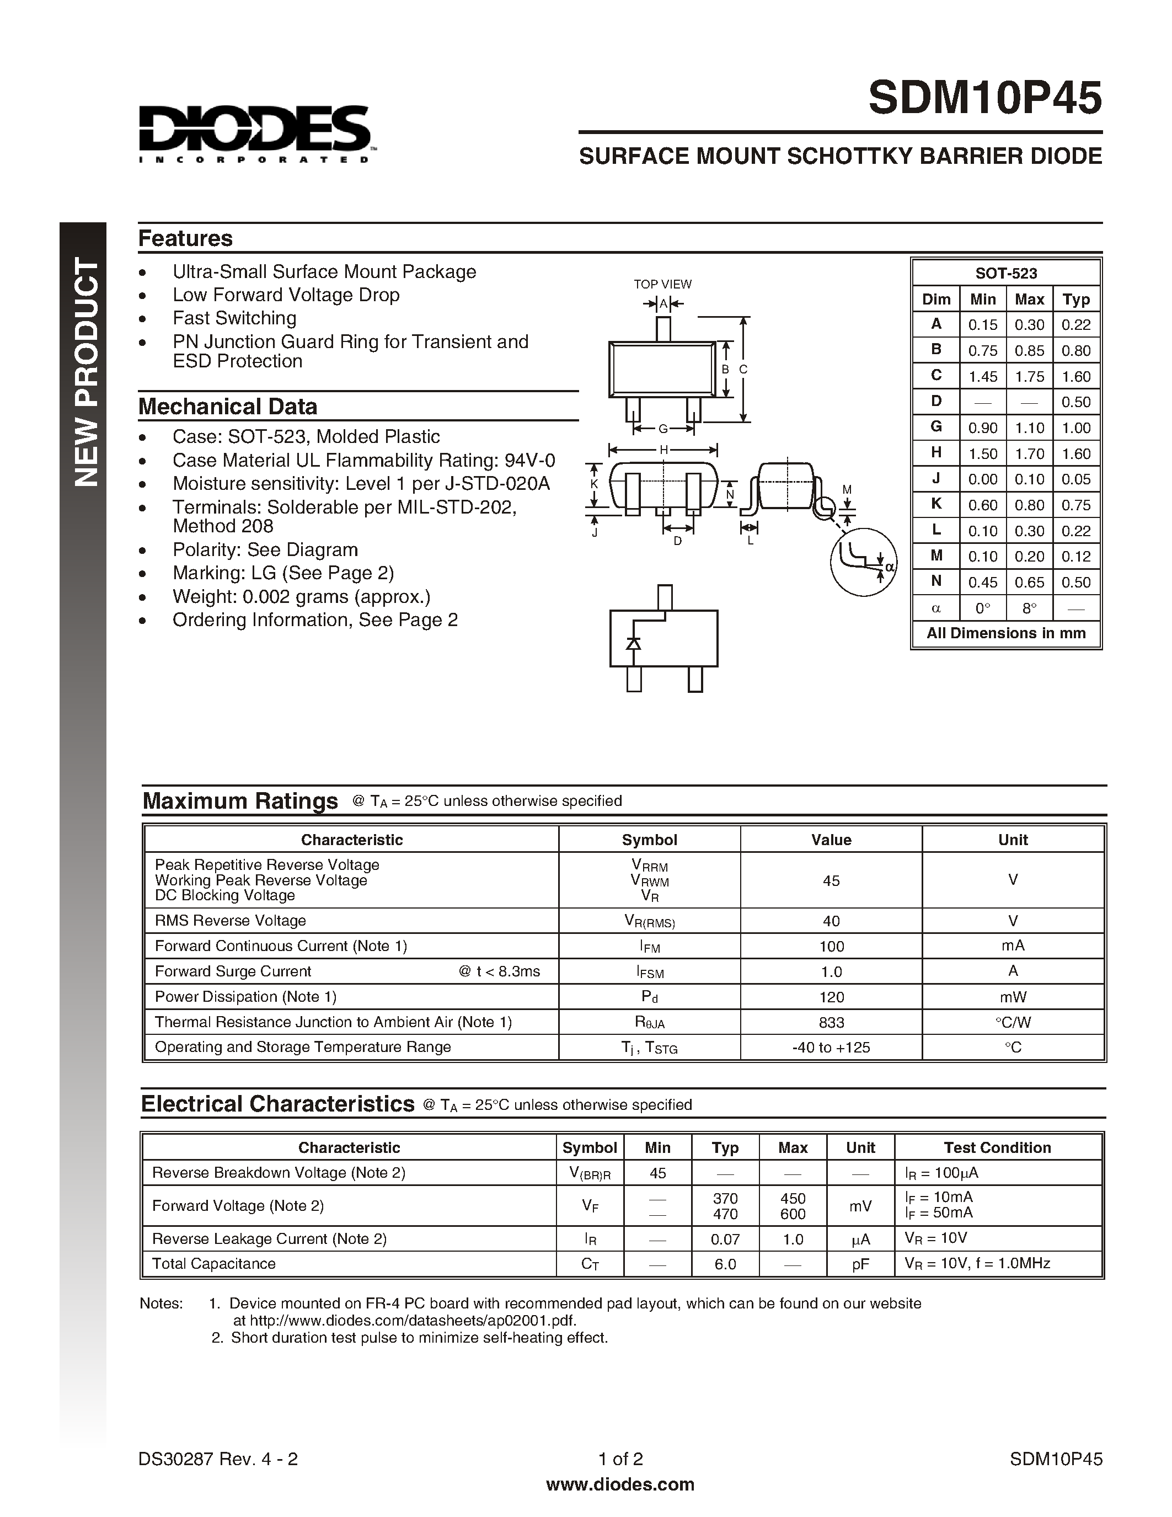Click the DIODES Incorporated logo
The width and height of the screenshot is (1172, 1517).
coord(254,134)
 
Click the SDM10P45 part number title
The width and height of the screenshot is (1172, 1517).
coord(984,98)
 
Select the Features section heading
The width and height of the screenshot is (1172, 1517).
coord(185,238)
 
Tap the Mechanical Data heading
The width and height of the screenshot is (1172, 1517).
coord(228,407)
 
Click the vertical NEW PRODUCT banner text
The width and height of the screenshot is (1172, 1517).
coord(86,372)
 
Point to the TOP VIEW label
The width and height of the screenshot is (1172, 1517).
coord(662,284)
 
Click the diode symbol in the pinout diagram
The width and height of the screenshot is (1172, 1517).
coord(633,643)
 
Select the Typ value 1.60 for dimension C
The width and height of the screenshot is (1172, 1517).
coord(1075,376)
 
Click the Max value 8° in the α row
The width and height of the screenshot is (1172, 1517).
coord(1029,608)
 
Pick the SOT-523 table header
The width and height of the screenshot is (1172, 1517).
coord(1005,273)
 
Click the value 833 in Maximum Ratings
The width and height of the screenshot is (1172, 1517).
coord(831,1022)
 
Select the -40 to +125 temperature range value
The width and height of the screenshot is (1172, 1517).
coord(831,1048)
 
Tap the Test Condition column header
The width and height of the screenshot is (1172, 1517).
coord(997,1147)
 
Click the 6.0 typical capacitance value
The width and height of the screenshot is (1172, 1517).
coord(725,1264)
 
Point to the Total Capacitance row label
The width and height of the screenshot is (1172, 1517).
coord(214,1263)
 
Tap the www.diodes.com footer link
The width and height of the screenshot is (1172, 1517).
coord(620,1484)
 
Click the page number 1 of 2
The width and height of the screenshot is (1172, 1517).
coord(620,1459)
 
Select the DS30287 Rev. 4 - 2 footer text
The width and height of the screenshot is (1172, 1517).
coord(218,1459)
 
